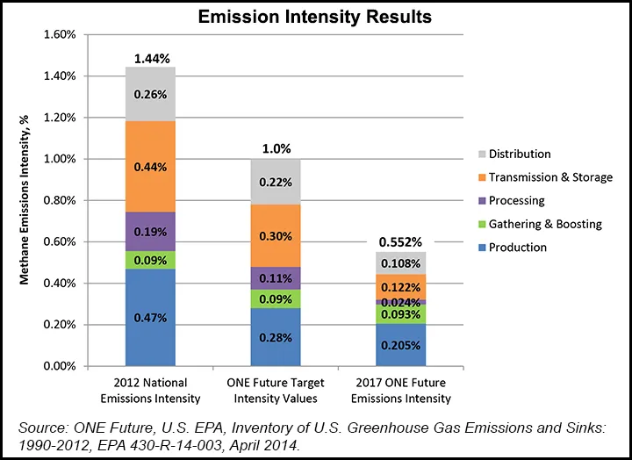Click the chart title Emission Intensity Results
click(314, 16)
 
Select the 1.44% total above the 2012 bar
click(150, 58)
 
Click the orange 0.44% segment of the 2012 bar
click(150, 166)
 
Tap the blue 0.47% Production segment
click(150, 316)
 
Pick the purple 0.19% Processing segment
click(150, 232)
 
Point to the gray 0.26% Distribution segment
click(150, 94)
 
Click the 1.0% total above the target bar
click(276, 149)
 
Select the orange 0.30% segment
click(276, 234)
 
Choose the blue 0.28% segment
click(276, 336)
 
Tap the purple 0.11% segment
click(276, 278)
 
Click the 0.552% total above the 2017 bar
click(401, 241)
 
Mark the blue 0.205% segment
click(401, 345)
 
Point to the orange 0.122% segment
click(401, 286)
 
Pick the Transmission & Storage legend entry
click(543, 177)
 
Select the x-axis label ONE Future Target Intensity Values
click(276, 392)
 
